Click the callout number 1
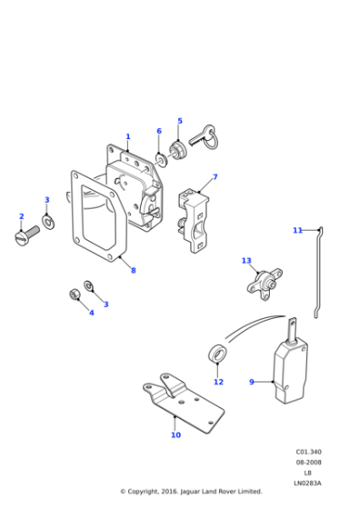coord(128,137)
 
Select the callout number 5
coord(180,121)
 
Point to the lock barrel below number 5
coord(176,149)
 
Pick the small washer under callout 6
coord(161,160)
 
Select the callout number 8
coord(133,270)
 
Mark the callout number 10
coord(175,434)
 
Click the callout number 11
coord(296,230)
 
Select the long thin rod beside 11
coord(318,273)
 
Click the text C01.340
coord(308,452)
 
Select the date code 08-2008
coord(308,462)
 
